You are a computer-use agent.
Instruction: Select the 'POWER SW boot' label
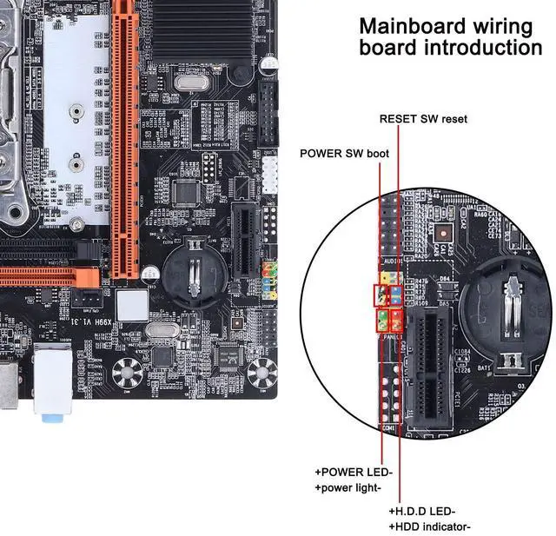(344, 154)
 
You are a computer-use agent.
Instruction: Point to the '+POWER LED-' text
(354, 472)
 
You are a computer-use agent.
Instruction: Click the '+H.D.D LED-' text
(423, 511)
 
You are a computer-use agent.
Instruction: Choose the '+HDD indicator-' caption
(430, 526)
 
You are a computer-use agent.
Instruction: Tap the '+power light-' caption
(348, 487)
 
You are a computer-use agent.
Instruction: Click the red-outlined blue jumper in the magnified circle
(395, 295)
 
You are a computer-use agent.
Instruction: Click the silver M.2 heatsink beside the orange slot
(75, 104)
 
